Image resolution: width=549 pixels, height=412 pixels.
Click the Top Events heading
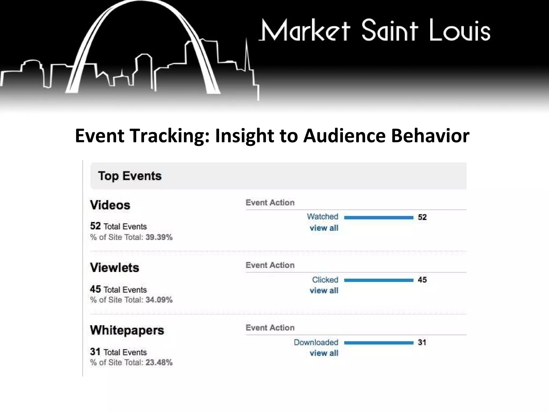point(130,176)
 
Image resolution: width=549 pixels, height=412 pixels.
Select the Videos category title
point(110,205)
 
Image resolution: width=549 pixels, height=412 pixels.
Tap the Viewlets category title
point(114,268)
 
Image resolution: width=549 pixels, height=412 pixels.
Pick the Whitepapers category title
point(127,330)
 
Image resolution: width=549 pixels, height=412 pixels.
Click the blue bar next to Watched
point(379,218)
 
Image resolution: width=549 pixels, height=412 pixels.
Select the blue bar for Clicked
point(379,280)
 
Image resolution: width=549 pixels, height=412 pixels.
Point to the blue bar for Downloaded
point(379,343)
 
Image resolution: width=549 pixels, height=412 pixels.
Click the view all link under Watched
point(324,228)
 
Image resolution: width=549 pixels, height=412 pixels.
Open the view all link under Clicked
point(324,290)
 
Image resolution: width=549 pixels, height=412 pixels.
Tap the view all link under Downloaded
point(324,353)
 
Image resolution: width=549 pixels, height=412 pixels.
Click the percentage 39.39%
point(159,237)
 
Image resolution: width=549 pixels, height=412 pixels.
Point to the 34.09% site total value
point(159,300)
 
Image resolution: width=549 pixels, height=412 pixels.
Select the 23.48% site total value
point(159,363)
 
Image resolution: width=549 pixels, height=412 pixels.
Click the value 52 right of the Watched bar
point(422,217)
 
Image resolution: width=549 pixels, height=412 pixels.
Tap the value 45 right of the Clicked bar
point(422,280)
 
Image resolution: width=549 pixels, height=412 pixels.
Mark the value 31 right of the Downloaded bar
point(422,343)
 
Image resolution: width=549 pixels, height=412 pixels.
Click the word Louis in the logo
point(459,31)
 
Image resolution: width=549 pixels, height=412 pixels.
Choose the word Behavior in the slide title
point(430,136)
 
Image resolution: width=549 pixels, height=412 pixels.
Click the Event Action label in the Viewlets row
point(270,265)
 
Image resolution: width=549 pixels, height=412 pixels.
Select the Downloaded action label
point(316,343)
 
